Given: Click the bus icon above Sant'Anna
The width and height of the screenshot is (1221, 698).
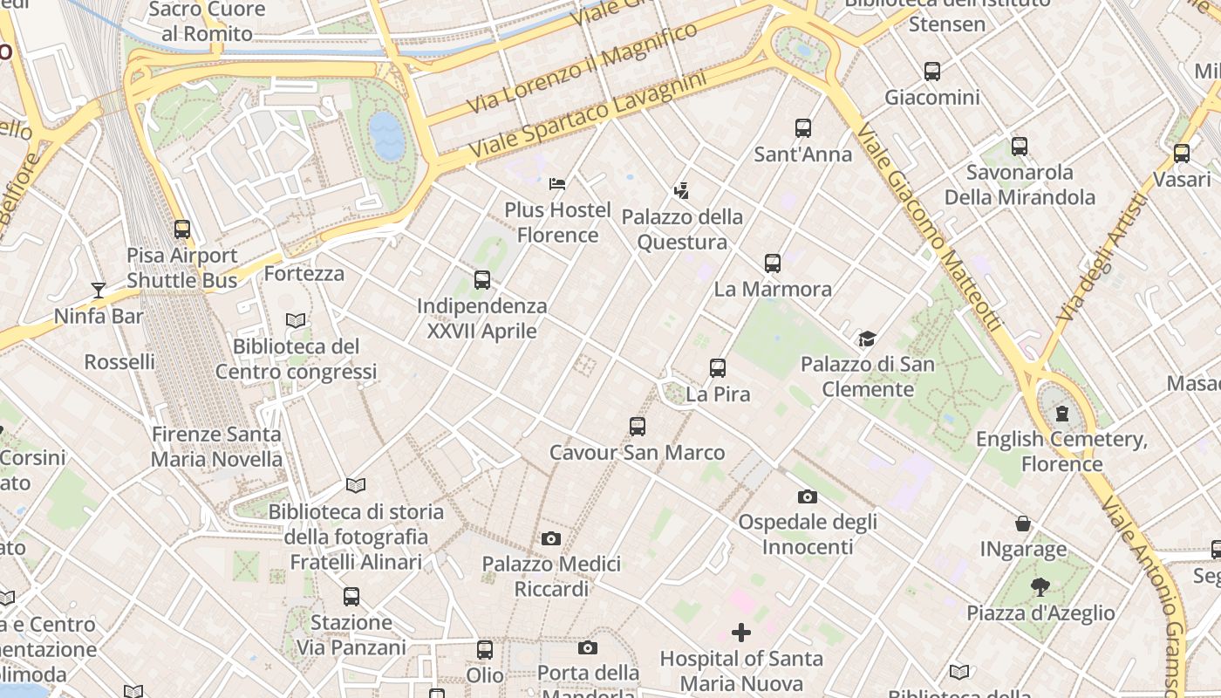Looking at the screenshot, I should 803,128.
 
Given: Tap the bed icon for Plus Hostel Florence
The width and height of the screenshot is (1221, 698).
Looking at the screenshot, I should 557,184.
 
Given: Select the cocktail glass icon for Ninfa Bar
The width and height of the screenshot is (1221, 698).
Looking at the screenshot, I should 98,290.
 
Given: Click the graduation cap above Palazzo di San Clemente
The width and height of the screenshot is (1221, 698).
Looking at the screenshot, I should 866,339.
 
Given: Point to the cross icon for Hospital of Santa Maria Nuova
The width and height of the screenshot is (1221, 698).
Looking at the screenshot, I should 741,632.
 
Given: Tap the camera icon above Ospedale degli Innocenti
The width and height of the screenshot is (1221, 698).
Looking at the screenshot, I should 808,496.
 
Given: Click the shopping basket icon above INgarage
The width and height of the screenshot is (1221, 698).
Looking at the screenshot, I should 1023,523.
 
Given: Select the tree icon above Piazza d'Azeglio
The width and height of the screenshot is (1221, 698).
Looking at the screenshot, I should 1040,587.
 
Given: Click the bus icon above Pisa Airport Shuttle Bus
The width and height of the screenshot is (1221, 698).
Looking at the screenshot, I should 182,229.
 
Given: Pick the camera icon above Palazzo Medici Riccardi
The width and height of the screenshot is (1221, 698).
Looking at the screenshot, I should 551,538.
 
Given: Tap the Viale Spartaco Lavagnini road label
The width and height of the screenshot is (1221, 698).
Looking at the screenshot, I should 587,115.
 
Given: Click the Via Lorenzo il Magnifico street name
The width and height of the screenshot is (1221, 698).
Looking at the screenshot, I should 583,68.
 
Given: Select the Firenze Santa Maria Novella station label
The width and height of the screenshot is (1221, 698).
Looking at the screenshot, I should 216,446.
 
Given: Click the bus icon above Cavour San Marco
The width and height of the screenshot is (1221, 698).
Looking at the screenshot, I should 638,427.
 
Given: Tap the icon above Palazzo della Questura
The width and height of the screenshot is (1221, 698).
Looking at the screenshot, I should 681,190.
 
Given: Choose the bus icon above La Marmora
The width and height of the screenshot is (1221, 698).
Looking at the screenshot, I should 773,263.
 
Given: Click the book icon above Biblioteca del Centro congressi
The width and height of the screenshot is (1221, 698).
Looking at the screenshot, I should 296,321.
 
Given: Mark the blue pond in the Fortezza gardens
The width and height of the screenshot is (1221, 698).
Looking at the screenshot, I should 387,136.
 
